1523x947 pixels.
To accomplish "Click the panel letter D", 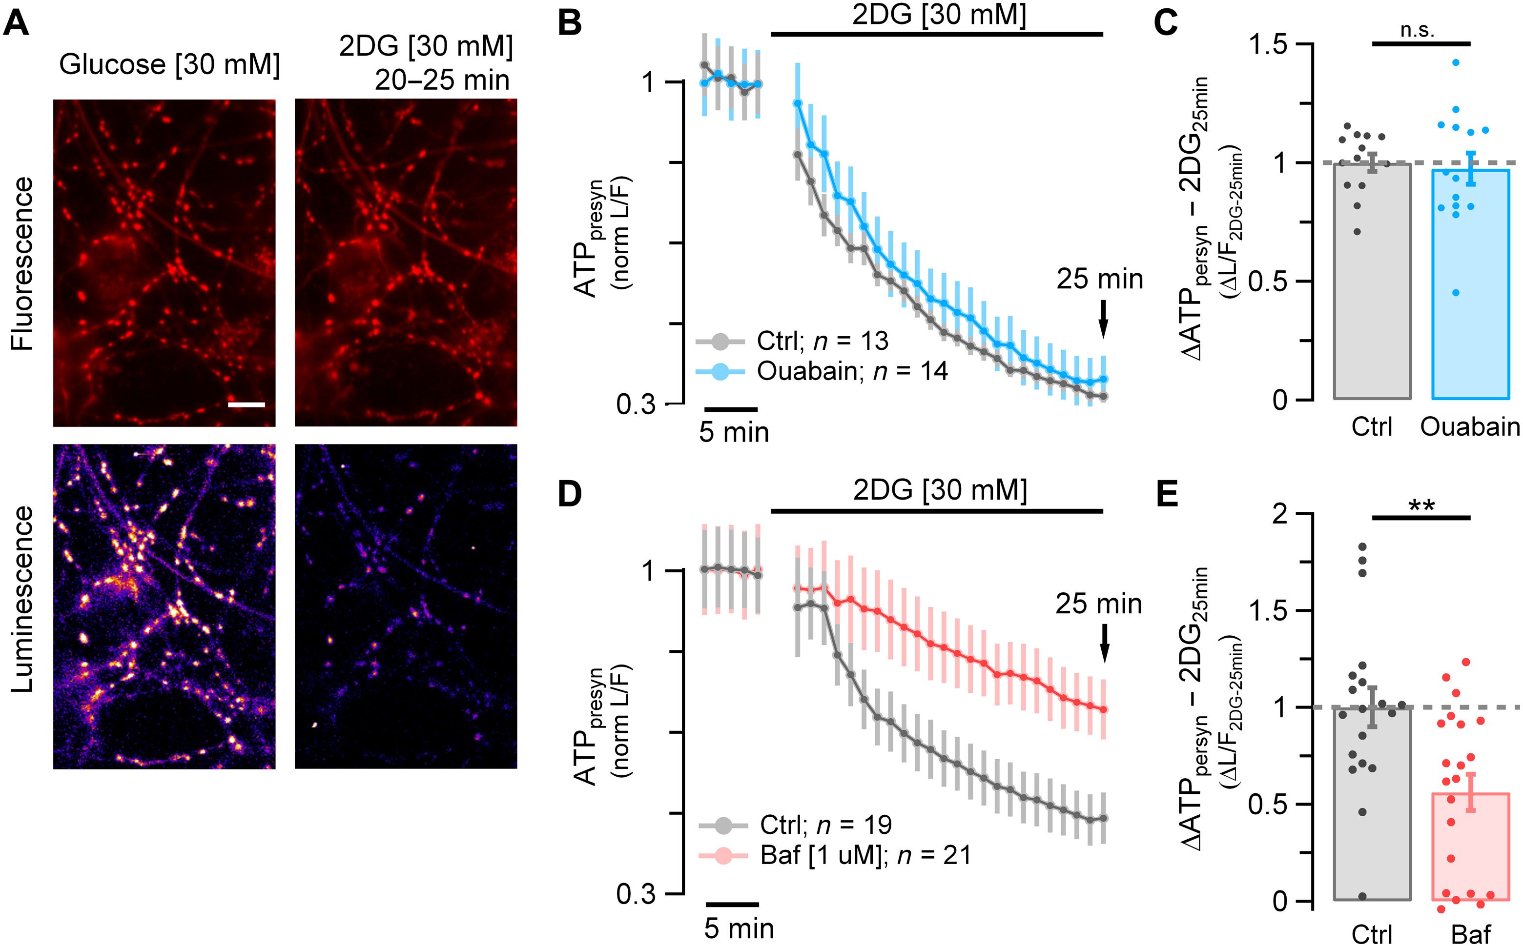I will tap(570, 494).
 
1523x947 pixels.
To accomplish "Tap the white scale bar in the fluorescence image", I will tap(246, 404).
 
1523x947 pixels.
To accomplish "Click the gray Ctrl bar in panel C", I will tap(1372, 282).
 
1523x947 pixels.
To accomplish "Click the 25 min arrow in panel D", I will tap(1104, 644).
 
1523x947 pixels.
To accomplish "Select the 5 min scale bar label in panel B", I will tap(734, 433).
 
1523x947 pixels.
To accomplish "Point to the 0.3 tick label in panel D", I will tap(636, 894).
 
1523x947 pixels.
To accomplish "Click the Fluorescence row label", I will tap(23, 263).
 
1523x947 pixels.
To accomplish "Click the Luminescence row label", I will tap(23, 600).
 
